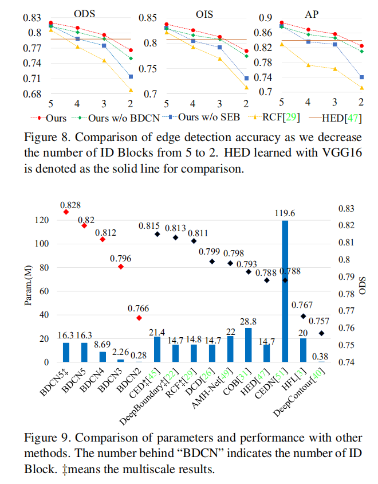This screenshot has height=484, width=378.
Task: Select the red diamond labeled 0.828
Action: [x=66, y=212]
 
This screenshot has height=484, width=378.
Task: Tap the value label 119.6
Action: [x=285, y=214]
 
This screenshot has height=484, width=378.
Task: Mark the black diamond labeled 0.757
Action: [x=321, y=333]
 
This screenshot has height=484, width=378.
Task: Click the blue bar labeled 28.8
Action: [x=249, y=345]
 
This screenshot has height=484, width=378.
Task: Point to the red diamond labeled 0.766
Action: [x=139, y=318]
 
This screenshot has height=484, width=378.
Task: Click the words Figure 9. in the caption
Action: [x=44, y=438]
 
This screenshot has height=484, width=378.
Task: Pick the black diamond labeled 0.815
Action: [x=157, y=234]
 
